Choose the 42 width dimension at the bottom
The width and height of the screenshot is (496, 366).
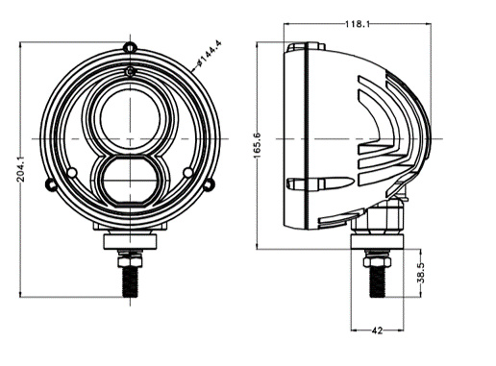click(x=377, y=330)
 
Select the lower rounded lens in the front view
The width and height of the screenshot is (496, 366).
click(x=128, y=180)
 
